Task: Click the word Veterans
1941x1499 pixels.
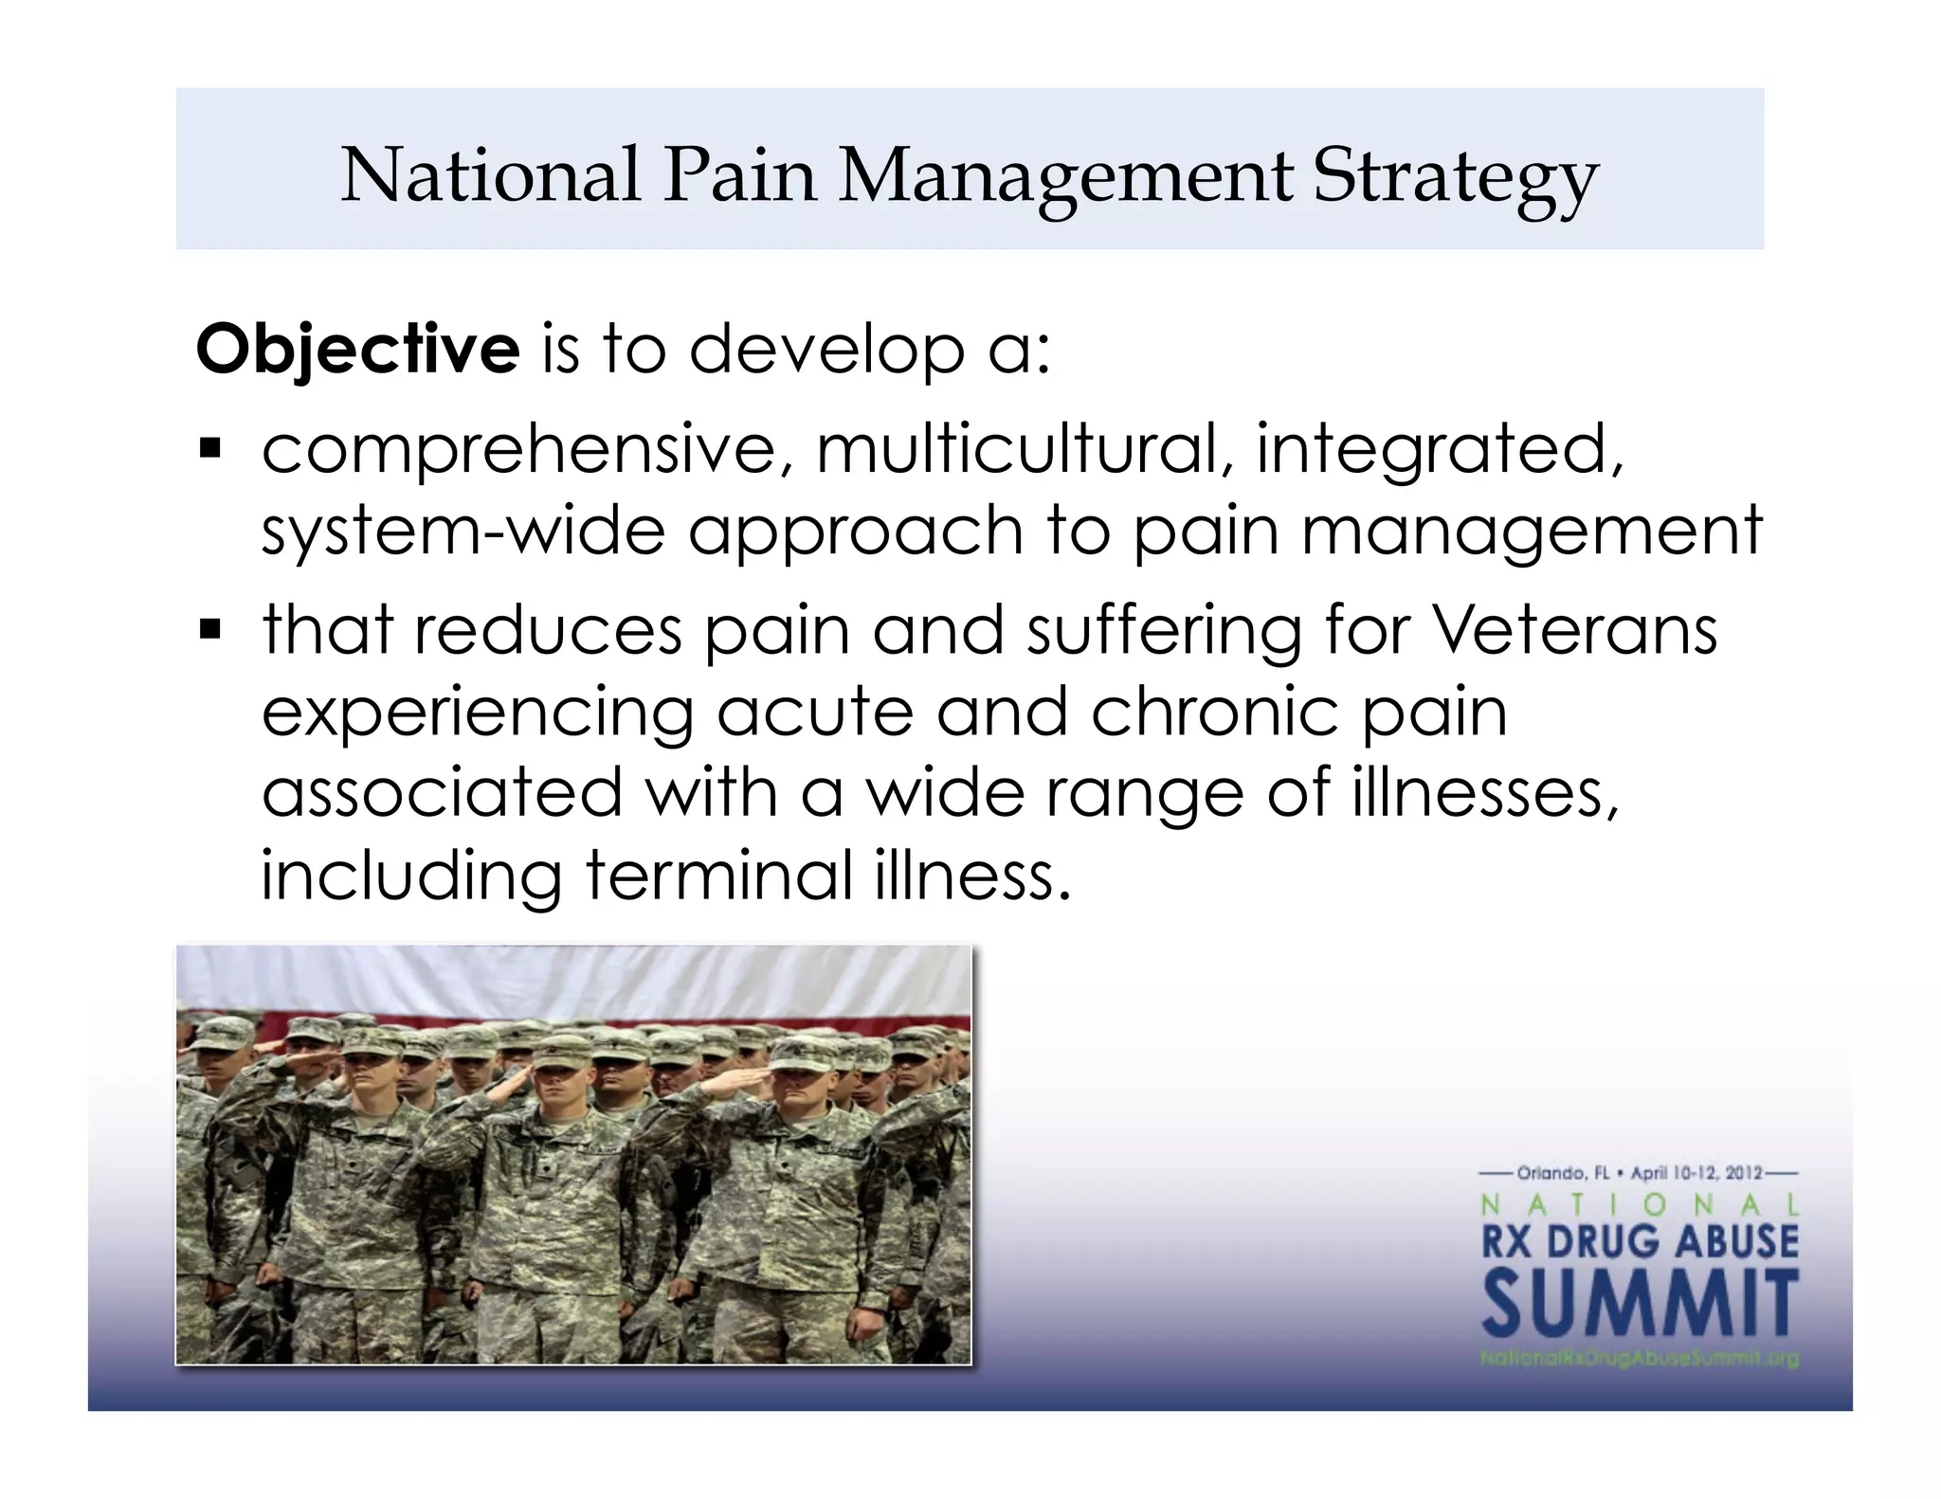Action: coord(1573,629)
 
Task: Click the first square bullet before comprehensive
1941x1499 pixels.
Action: coord(209,445)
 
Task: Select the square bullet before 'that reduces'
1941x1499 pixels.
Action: coord(209,627)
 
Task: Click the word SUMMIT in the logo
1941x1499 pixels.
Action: coord(1641,1305)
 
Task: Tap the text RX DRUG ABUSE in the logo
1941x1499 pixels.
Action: coord(1640,1241)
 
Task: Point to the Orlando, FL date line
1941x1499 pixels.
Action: coord(1639,1173)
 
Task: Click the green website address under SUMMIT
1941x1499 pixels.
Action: coord(1640,1359)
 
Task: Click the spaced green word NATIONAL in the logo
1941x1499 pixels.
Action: coord(1640,1205)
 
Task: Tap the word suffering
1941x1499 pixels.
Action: coord(1163,631)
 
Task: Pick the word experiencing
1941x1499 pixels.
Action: coord(477,713)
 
